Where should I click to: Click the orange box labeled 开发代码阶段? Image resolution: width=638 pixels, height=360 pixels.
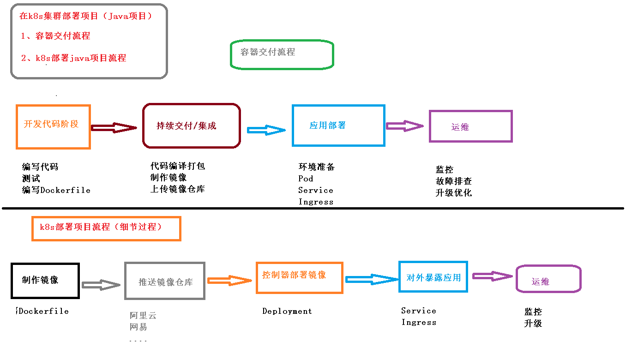pyautogui.click(x=53, y=127)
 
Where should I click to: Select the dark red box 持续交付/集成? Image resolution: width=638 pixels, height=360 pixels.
pyautogui.click(x=192, y=126)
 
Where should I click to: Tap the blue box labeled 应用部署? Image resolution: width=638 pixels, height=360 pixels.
pyautogui.click(x=338, y=126)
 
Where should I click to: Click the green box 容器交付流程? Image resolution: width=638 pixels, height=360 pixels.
pyautogui.click(x=282, y=54)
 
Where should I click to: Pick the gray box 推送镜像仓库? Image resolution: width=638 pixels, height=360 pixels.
pyautogui.click(x=165, y=281)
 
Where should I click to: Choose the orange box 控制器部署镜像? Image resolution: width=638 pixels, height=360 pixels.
pyautogui.click(x=299, y=277)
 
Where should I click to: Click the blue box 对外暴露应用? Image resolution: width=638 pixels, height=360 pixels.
pyautogui.click(x=433, y=277)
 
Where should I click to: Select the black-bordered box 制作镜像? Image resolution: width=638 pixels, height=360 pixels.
pyautogui.click(x=45, y=281)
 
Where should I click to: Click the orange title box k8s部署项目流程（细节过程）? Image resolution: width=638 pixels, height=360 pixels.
pyautogui.click(x=106, y=228)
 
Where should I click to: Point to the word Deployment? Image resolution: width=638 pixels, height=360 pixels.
pyautogui.click(x=287, y=311)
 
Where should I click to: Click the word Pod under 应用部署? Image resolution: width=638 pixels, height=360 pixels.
pyautogui.click(x=306, y=178)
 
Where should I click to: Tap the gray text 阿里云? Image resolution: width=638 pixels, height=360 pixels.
pyautogui.click(x=143, y=316)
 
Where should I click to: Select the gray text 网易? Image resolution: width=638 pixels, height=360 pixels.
pyautogui.click(x=138, y=327)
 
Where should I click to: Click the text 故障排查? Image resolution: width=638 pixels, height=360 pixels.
pyautogui.click(x=454, y=181)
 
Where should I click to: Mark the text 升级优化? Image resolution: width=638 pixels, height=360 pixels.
pyautogui.click(x=454, y=193)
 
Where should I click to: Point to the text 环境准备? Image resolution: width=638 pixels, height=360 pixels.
pyautogui.click(x=317, y=167)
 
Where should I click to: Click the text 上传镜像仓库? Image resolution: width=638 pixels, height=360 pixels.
pyautogui.click(x=178, y=189)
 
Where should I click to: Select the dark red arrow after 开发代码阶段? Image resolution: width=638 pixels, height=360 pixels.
pyautogui.click(x=114, y=128)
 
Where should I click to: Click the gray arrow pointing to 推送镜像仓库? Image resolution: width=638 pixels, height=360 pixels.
pyautogui.click(x=101, y=285)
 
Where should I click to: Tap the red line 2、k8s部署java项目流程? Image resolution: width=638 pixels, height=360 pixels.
pyautogui.click(x=74, y=58)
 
